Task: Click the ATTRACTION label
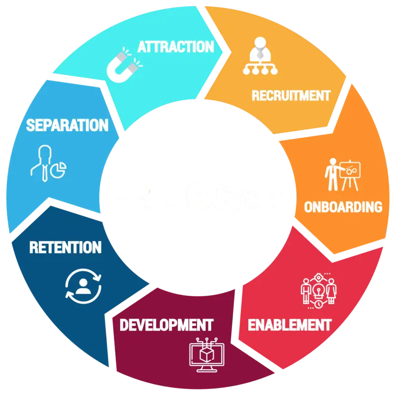tap(175, 47)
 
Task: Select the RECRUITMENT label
tap(290, 95)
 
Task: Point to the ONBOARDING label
tap(343, 206)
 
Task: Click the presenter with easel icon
tap(342, 174)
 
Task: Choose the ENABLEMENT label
tap(289, 325)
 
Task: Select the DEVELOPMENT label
tap(166, 325)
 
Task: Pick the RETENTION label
tap(65, 247)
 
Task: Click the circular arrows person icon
tap(83, 285)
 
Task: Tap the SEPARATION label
tap(67, 125)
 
